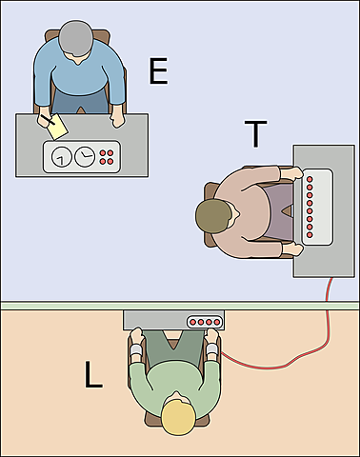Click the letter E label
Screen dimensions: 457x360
158,71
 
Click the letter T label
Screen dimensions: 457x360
254,135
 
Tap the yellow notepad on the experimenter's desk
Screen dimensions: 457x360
57,127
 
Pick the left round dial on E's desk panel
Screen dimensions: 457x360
62,156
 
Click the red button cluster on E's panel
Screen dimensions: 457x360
108,155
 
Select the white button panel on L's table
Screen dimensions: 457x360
206,323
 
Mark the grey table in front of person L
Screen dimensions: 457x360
152,322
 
